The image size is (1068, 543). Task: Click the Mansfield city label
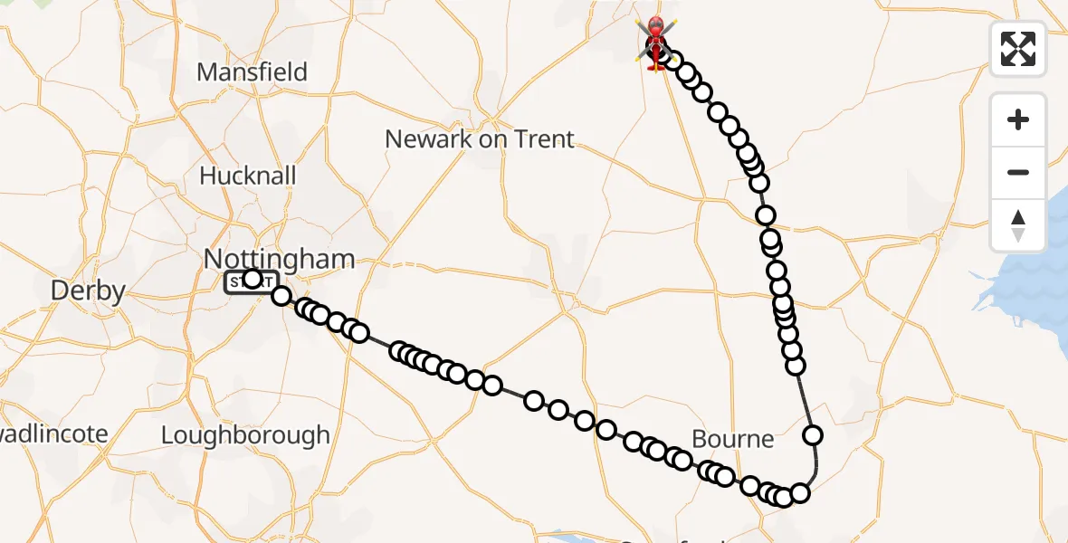click(x=252, y=72)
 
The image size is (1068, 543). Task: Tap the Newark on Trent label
click(x=479, y=139)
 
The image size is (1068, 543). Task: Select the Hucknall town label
click(x=247, y=176)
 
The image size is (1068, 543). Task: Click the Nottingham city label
click(x=280, y=259)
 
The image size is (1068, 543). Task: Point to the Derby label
click(x=88, y=291)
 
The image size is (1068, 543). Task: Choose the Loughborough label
click(x=245, y=435)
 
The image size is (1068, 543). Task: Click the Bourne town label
click(x=732, y=440)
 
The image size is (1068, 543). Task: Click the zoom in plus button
click(x=1018, y=119)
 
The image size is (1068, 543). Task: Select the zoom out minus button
click(x=1018, y=172)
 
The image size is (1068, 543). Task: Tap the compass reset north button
click(x=1018, y=225)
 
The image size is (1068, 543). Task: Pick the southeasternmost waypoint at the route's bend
click(x=800, y=493)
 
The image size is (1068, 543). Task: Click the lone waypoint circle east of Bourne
click(x=813, y=435)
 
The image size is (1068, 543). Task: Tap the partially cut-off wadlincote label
click(x=54, y=434)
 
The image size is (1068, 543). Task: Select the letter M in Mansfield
click(x=207, y=72)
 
